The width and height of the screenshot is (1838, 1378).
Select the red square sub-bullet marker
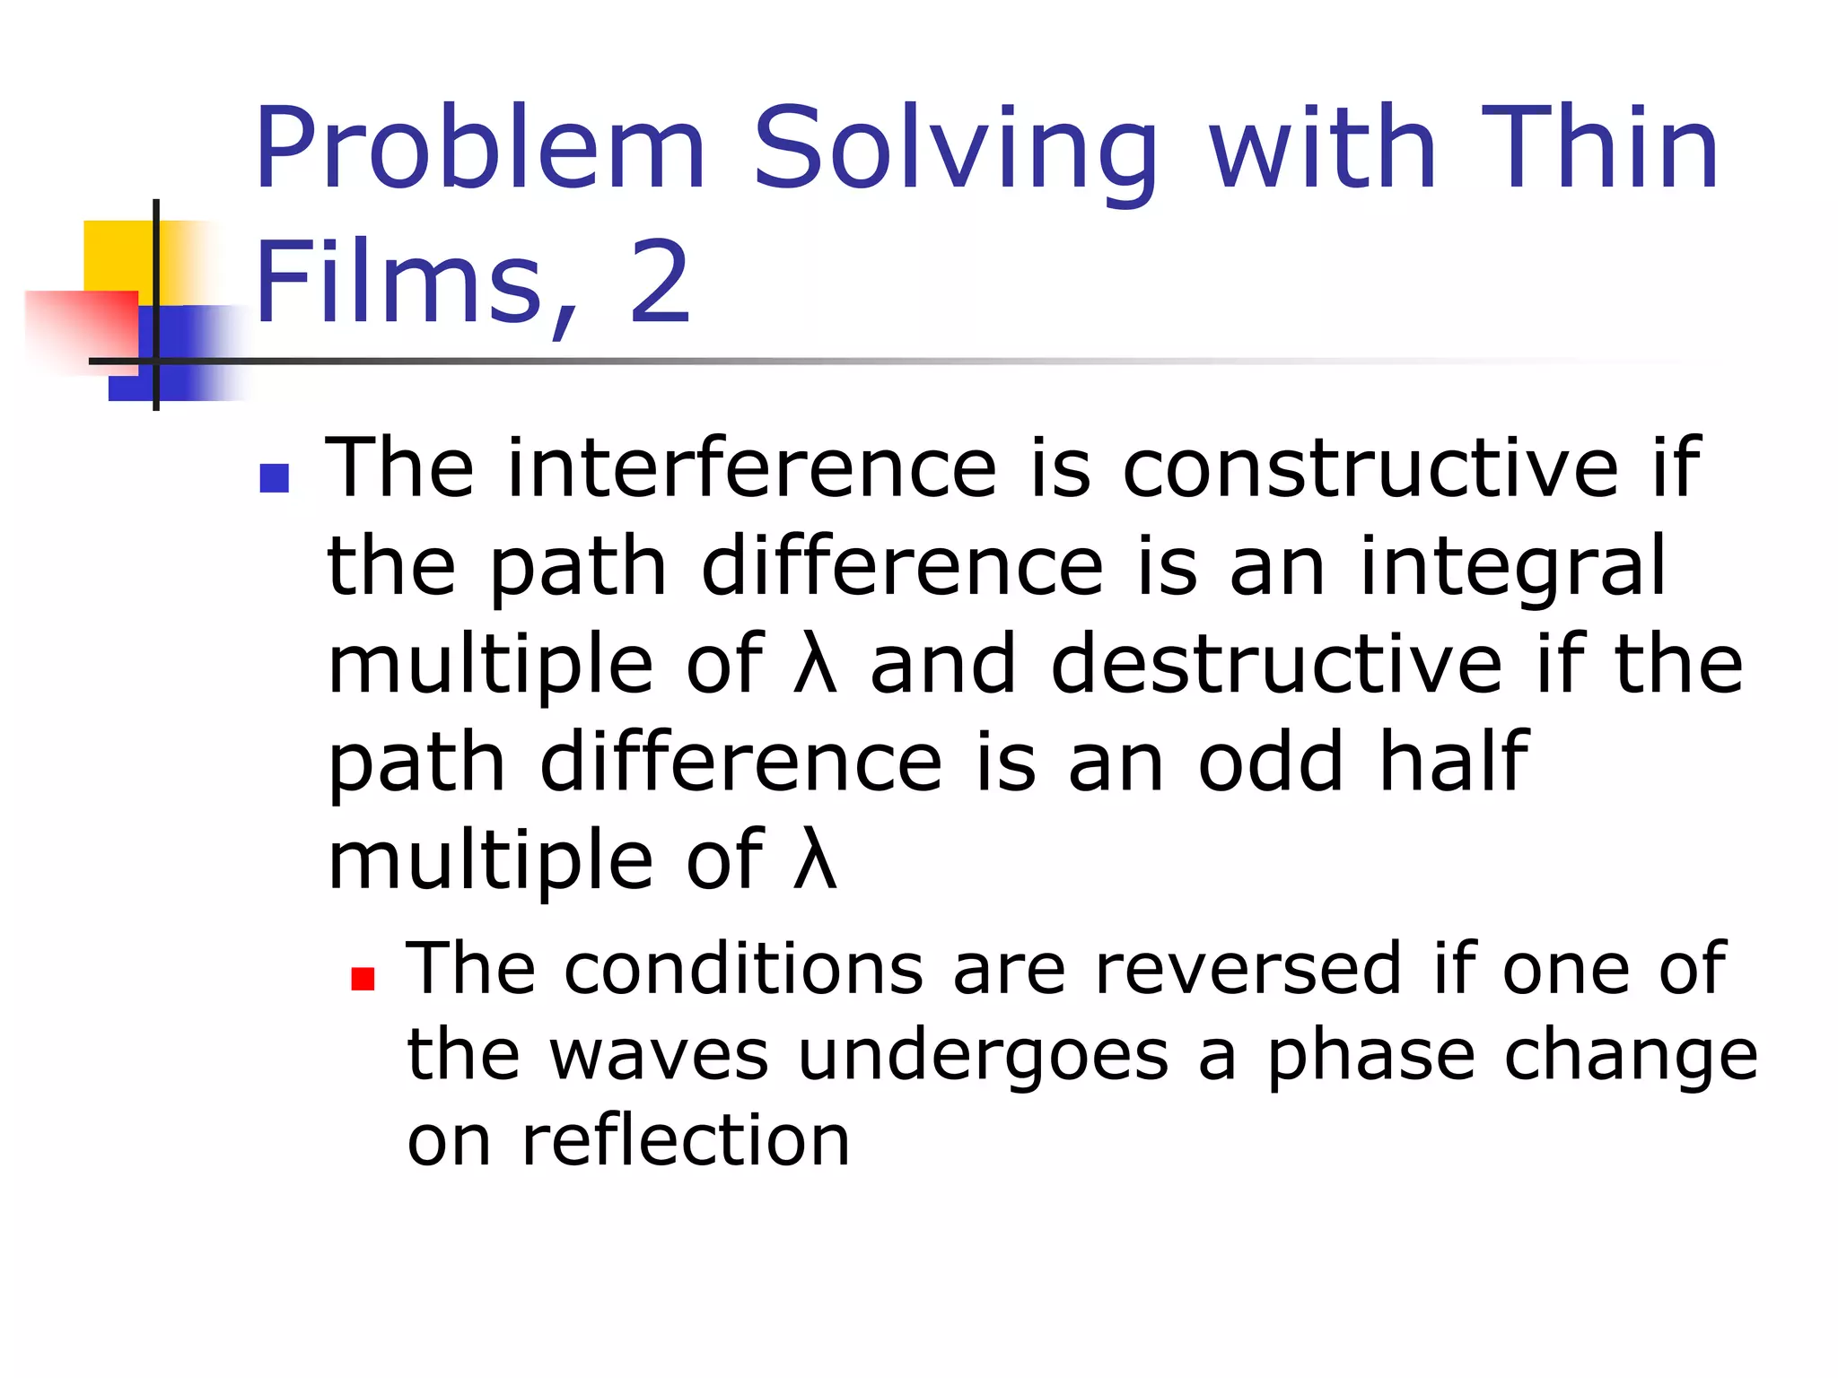pyautogui.click(x=363, y=978)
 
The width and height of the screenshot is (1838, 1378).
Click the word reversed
pyautogui.click(x=1247, y=969)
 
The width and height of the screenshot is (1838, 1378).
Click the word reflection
pyautogui.click(x=686, y=1141)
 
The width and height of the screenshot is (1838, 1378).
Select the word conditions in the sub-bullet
pyautogui.click(x=743, y=969)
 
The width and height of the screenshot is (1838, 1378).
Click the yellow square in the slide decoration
pyautogui.click(x=117, y=256)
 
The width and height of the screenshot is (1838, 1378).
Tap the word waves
pyautogui.click(x=659, y=1056)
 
